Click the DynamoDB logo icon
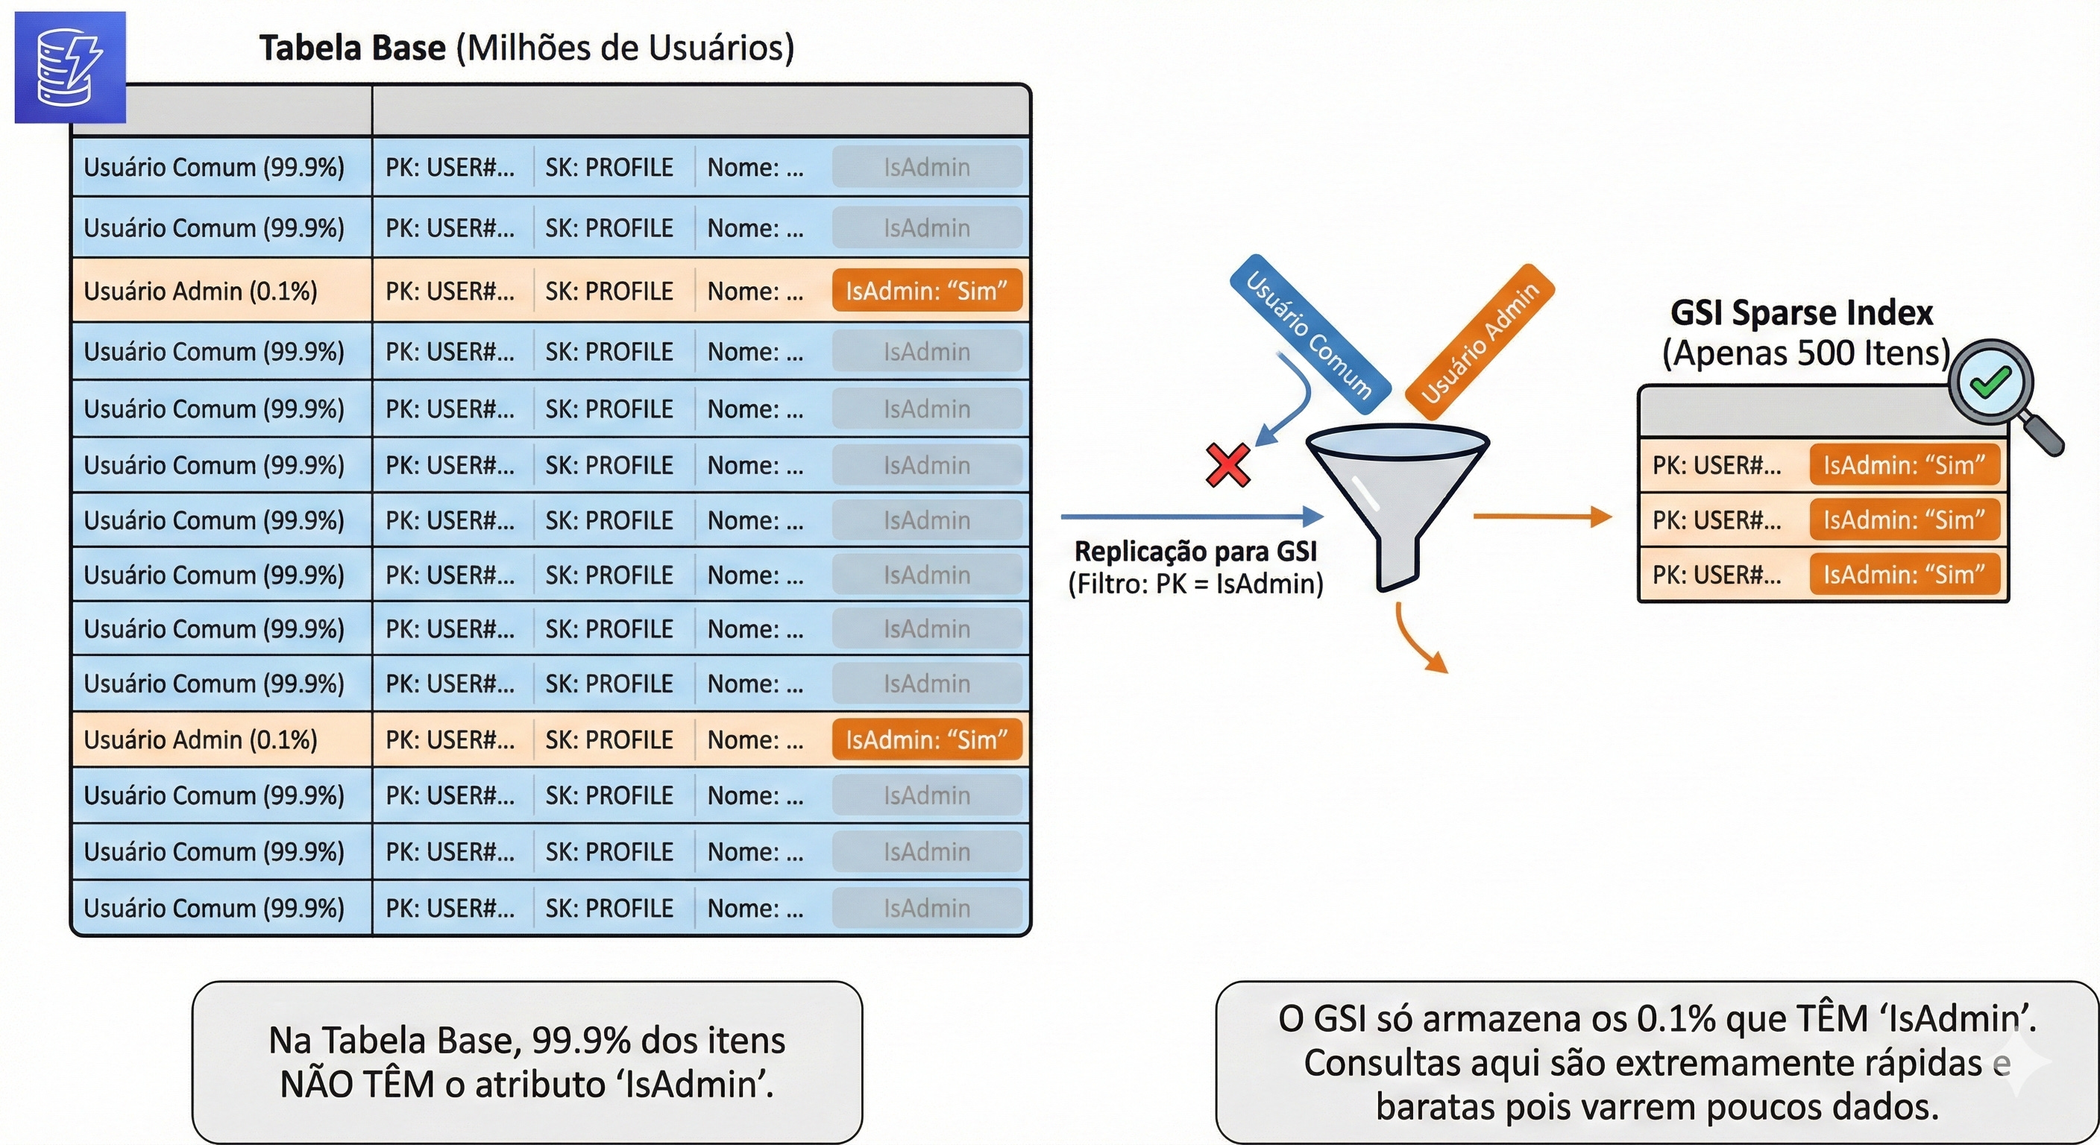click(x=70, y=68)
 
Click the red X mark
click(x=1227, y=465)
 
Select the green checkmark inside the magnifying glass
click(x=1989, y=381)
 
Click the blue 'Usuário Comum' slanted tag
click(x=1310, y=335)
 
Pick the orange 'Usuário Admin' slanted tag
click(x=1480, y=342)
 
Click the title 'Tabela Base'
click(x=352, y=48)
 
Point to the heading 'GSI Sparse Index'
click(x=1802, y=313)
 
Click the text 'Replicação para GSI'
click(x=1195, y=552)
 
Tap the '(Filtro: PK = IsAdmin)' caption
click(x=1195, y=584)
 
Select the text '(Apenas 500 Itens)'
click(x=1805, y=353)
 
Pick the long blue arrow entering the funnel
click(x=1190, y=517)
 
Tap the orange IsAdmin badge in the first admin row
click(x=926, y=291)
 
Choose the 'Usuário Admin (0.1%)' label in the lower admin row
click(x=201, y=740)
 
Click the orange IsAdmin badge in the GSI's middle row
click(x=1904, y=520)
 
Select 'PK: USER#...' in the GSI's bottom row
click(x=1716, y=575)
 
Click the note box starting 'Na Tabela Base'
click(x=526, y=1062)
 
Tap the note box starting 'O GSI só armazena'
click(x=1656, y=1062)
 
